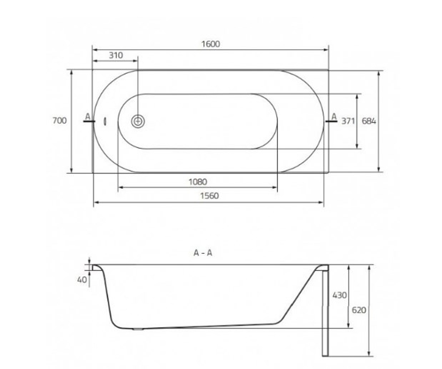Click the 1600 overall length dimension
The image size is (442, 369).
[x=211, y=44]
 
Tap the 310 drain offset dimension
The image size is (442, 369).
[x=116, y=55]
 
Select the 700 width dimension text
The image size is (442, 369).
[x=59, y=121]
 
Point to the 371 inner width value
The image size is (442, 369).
[x=348, y=121]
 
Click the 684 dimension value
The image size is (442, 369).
[x=369, y=121]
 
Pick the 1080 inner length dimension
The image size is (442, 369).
[x=198, y=182]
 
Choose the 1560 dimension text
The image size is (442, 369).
[x=209, y=196]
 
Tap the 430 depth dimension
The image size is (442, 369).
[x=340, y=295]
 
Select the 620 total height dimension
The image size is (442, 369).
[x=359, y=310]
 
